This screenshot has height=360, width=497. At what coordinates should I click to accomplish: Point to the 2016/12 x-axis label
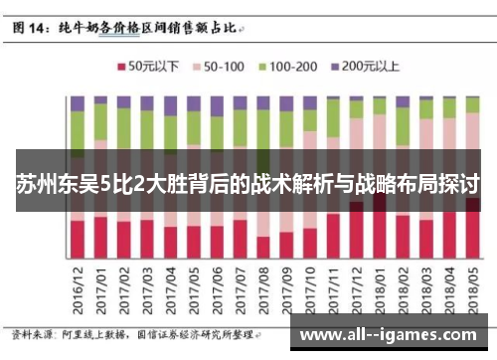[x=78, y=290]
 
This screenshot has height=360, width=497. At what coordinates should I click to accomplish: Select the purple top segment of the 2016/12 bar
[x=78, y=103]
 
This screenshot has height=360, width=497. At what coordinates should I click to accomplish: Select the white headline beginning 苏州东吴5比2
[x=248, y=184]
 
